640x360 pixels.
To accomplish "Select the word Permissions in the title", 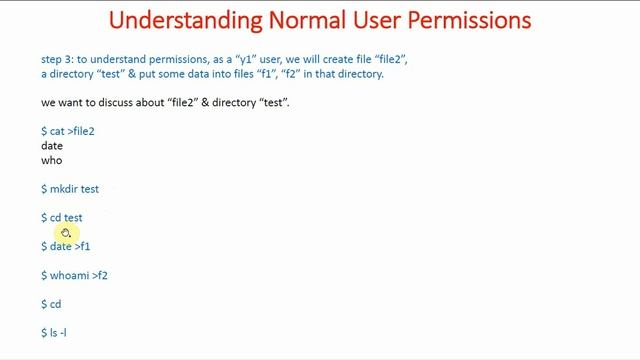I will click(459, 20).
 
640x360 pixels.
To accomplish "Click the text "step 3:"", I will click(58, 60).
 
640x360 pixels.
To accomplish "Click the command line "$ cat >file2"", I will click(68, 131).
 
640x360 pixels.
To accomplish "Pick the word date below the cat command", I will click(52, 146).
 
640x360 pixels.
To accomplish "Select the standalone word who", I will click(52, 160).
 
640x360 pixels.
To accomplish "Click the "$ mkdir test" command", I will click(70, 189).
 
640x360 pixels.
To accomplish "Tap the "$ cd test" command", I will click(62, 217).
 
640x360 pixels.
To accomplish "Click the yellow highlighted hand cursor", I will click(65, 233).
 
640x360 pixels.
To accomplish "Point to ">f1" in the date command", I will click(82, 246).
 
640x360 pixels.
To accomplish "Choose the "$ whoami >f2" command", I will click(74, 275).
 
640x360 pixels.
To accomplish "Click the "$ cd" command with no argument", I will click(51, 304).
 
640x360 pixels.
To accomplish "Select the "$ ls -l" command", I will click(54, 332).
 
